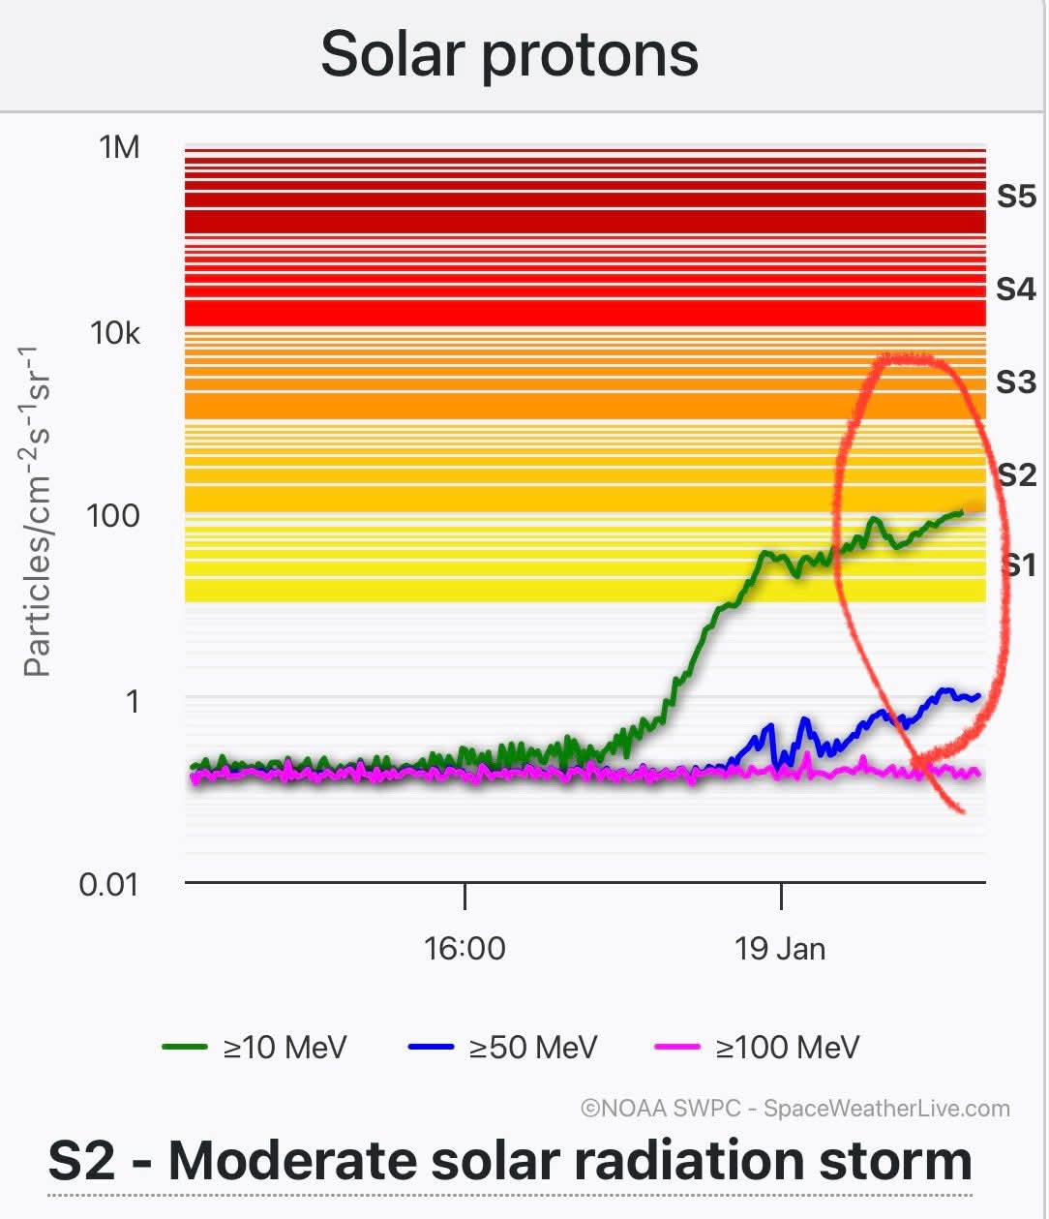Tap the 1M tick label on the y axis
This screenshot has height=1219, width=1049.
pyautogui.click(x=119, y=147)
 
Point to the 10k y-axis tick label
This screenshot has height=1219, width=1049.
pyautogui.click(x=114, y=333)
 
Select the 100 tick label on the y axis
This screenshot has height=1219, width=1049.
pyautogui.click(x=112, y=515)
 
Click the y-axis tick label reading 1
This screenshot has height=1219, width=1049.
pyautogui.click(x=133, y=700)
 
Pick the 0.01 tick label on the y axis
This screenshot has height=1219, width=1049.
pyautogui.click(x=108, y=884)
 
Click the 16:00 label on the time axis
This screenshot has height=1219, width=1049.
pyautogui.click(x=465, y=948)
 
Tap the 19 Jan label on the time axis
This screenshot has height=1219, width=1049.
pyautogui.click(x=780, y=948)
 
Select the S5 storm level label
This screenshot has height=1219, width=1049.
pyautogui.click(x=1016, y=197)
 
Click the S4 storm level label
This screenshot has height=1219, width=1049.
pyautogui.click(x=1016, y=289)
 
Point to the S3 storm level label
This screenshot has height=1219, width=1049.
pyautogui.click(x=1016, y=381)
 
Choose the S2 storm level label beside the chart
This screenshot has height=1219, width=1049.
pyautogui.click(x=1017, y=474)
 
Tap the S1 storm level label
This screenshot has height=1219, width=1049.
pyautogui.click(x=1018, y=564)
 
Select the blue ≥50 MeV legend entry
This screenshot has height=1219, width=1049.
pyautogui.click(x=503, y=1047)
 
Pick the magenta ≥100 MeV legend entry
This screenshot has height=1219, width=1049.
pyautogui.click(x=758, y=1047)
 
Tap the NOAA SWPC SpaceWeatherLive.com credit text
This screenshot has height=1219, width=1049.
pyautogui.click(x=794, y=1109)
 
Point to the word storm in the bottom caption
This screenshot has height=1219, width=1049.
pyautogui.click(x=894, y=1161)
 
